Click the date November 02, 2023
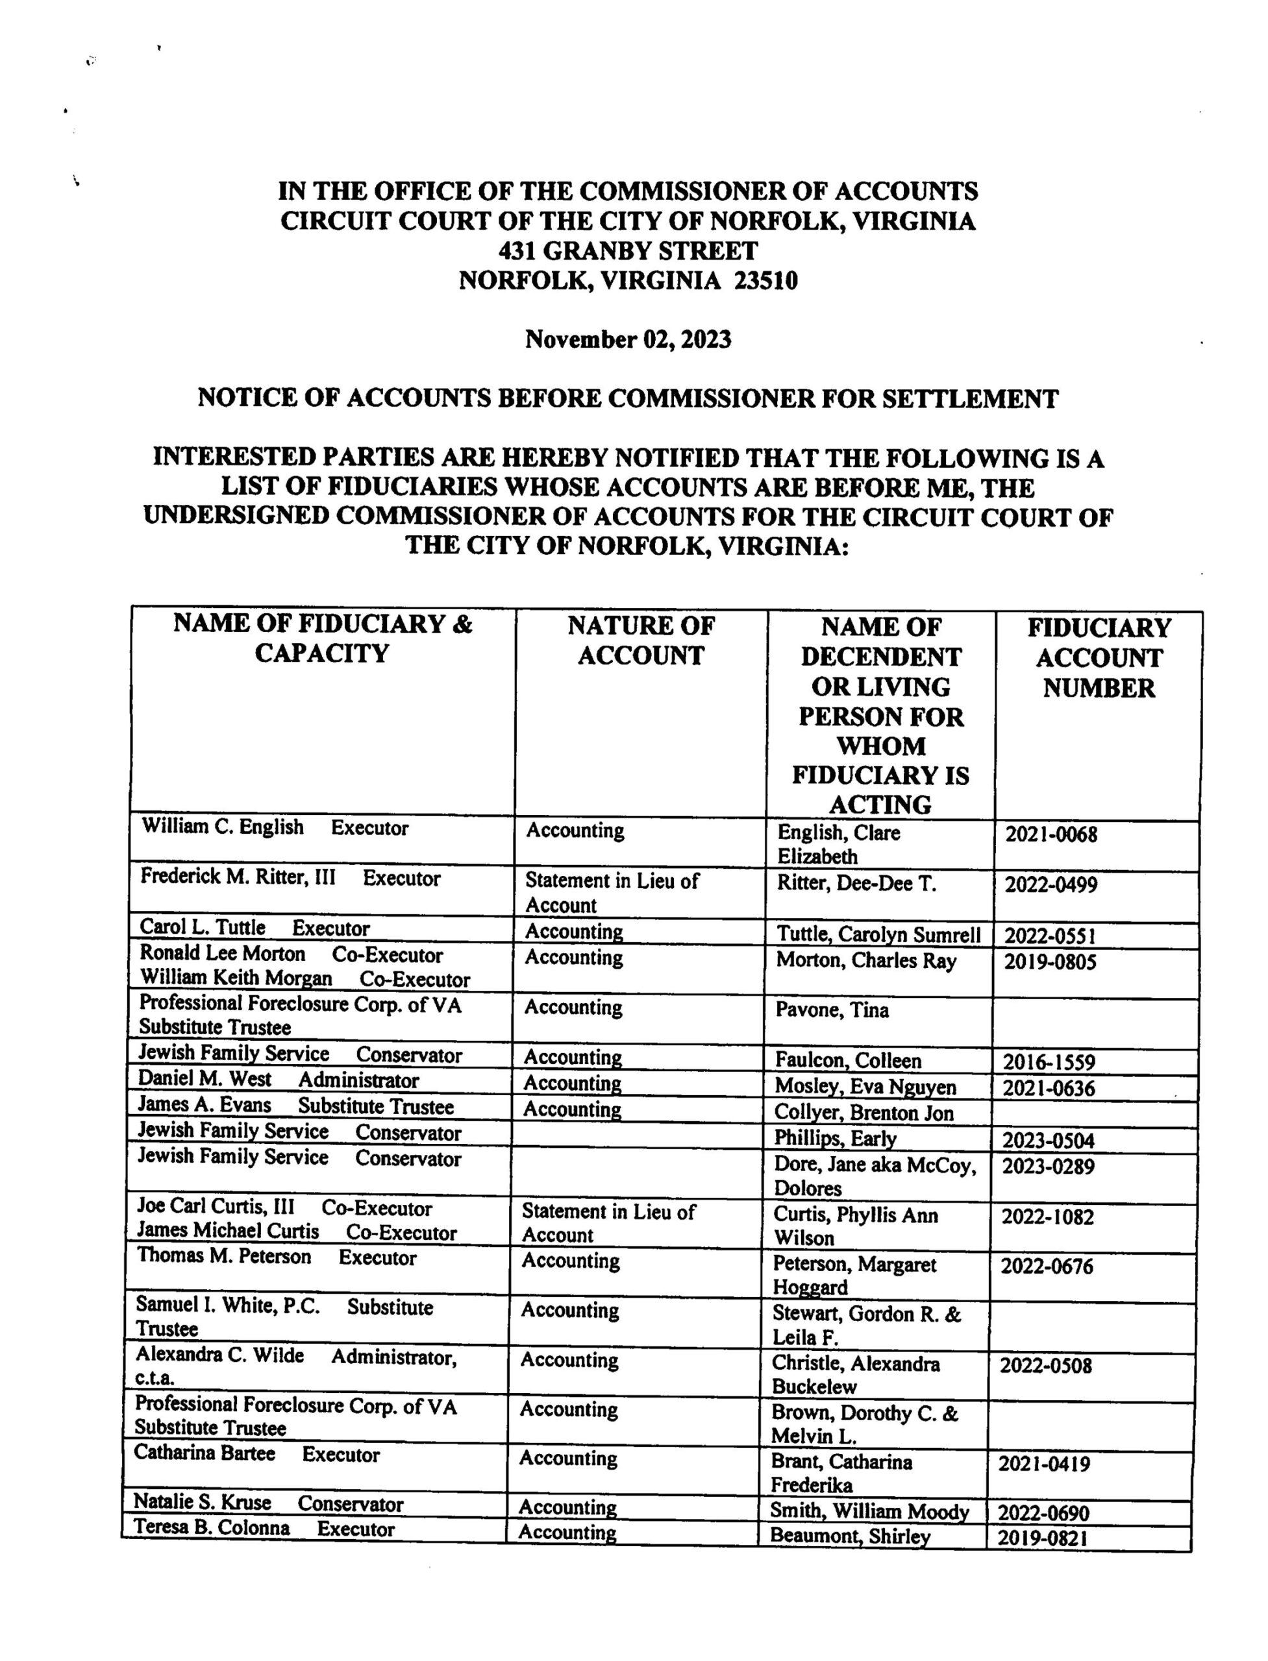pyautogui.click(x=628, y=339)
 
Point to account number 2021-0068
pyautogui.click(x=1051, y=835)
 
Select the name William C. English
pyautogui.click(x=223, y=827)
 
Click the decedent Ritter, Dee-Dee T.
pyautogui.click(x=856, y=883)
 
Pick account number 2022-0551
pyautogui.click(x=1050, y=936)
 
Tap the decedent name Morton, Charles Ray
pyautogui.click(x=865, y=962)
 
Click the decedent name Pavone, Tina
pyautogui.click(x=832, y=1011)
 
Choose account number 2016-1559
pyautogui.click(x=1049, y=1062)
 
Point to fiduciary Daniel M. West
pyautogui.click(x=205, y=1080)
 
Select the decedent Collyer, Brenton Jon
pyautogui.click(x=864, y=1113)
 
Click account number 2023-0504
pyautogui.click(x=1049, y=1140)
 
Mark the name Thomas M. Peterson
pyautogui.click(x=223, y=1257)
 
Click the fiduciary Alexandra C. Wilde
pyautogui.click(x=219, y=1355)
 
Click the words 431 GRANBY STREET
pyautogui.click(x=628, y=250)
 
